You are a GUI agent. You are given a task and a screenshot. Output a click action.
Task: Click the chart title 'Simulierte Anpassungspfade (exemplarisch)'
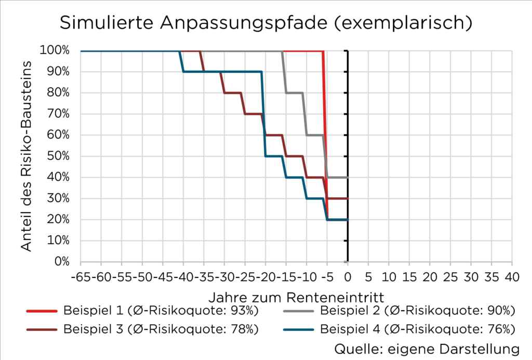point(265,23)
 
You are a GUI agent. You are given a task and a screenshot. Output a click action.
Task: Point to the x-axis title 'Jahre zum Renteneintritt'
point(297,297)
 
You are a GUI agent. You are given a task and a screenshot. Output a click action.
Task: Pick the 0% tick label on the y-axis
point(62,262)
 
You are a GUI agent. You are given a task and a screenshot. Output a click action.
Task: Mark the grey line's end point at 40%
point(347,177)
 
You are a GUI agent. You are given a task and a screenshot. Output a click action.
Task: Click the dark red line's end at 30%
point(347,198)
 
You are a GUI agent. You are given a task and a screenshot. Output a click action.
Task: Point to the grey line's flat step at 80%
point(294,93)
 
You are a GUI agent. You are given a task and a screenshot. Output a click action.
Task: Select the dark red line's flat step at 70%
point(253,114)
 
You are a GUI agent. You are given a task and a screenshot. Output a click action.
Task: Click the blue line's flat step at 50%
point(274,156)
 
